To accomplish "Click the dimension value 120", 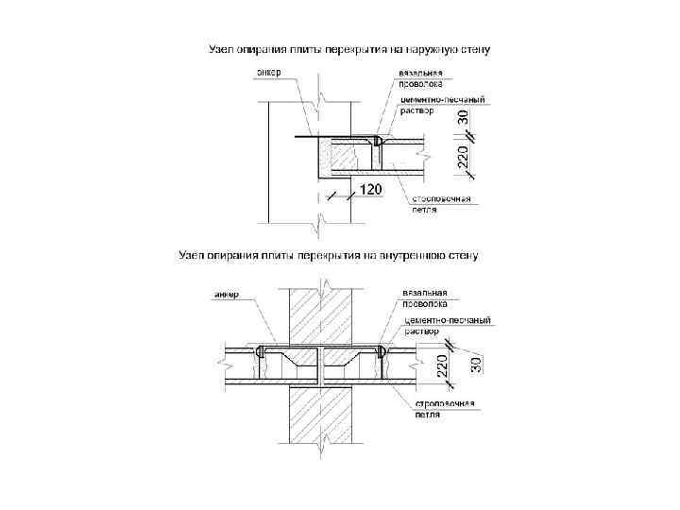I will [370, 190].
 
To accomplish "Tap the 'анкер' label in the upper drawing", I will [269, 72].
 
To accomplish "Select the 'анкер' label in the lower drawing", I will [226, 294].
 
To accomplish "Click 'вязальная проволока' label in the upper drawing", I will [420, 77].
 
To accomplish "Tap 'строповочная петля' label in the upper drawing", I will [439, 205].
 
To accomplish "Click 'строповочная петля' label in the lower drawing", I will [444, 409].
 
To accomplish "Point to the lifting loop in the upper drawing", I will [377, 142].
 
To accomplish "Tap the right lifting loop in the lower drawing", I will [382, 351].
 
